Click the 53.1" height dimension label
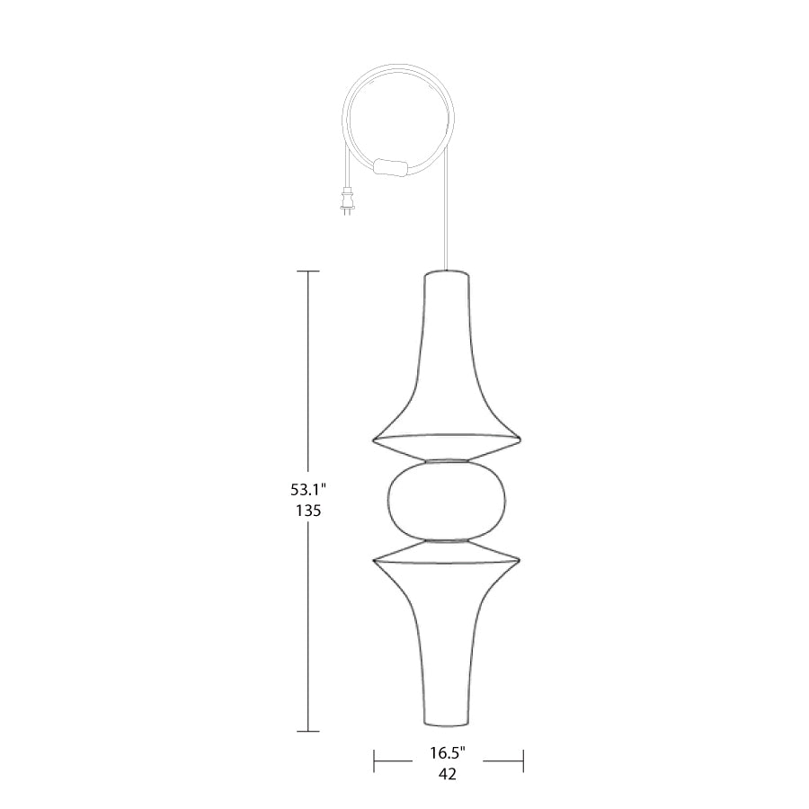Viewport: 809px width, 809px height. click(307, 491)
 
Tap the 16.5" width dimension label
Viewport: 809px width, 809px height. click(447, 752)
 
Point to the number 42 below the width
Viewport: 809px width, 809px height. click(447, 773)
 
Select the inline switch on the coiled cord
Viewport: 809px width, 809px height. click(388, 166)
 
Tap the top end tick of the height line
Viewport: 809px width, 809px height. click(308, 271)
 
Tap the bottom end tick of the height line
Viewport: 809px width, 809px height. click(308, 731)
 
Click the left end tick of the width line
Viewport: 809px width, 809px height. click(374, 762)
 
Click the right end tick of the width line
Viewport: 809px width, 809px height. click(523, 762)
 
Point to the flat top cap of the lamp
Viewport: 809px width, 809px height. click(447, 271)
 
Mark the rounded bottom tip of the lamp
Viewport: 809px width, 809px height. click(447, 725)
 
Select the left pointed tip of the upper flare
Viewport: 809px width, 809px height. click(374, 440)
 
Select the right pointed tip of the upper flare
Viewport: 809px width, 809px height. click(521, 440)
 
